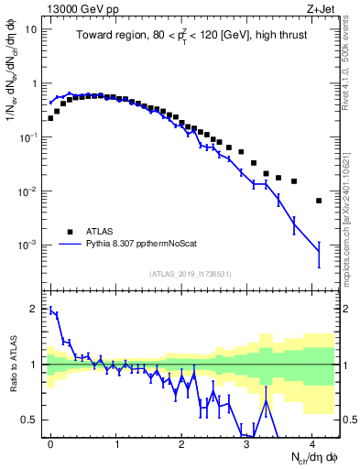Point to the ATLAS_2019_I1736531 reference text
[191, 274]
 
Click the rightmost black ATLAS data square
[319, 201]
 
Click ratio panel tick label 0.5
[30, 420]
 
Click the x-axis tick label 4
[312, 442]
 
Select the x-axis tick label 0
[51, 442]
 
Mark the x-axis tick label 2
[182, 442]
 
